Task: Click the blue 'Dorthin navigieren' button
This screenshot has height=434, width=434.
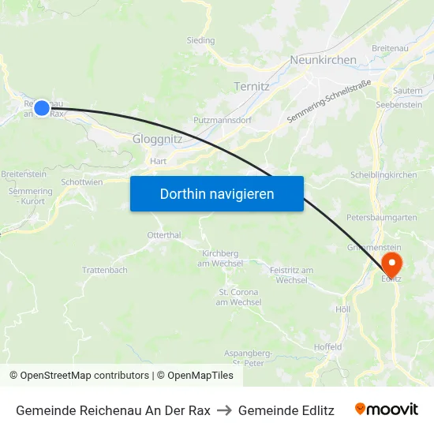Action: (x=216, y=193)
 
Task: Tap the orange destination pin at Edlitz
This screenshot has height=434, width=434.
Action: (x=391, y=263)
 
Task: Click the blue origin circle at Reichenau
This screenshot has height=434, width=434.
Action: (x=42, y=108)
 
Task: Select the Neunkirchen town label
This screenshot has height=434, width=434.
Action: (x=323, y=60)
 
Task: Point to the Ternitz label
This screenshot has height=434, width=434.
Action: (x=253, y=86)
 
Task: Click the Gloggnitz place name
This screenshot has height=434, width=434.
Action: (x=158, y=138)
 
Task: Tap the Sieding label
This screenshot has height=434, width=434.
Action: (x=200, y=39)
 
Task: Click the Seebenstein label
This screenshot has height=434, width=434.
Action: (x=399, y=106)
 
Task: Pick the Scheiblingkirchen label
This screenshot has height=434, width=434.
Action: (x=383, y=175)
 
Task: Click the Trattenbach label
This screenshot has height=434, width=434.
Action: (x=104, y=270)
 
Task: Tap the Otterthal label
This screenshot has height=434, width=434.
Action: (x=164, y=235)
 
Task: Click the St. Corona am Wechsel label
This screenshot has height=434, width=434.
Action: (x=238, y=297)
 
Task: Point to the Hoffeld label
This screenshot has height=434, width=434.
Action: (x=327, y=346)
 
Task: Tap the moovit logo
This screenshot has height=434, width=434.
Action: (x=386, y=410)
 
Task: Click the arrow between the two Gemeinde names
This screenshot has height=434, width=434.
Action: (x=224, y=410)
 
